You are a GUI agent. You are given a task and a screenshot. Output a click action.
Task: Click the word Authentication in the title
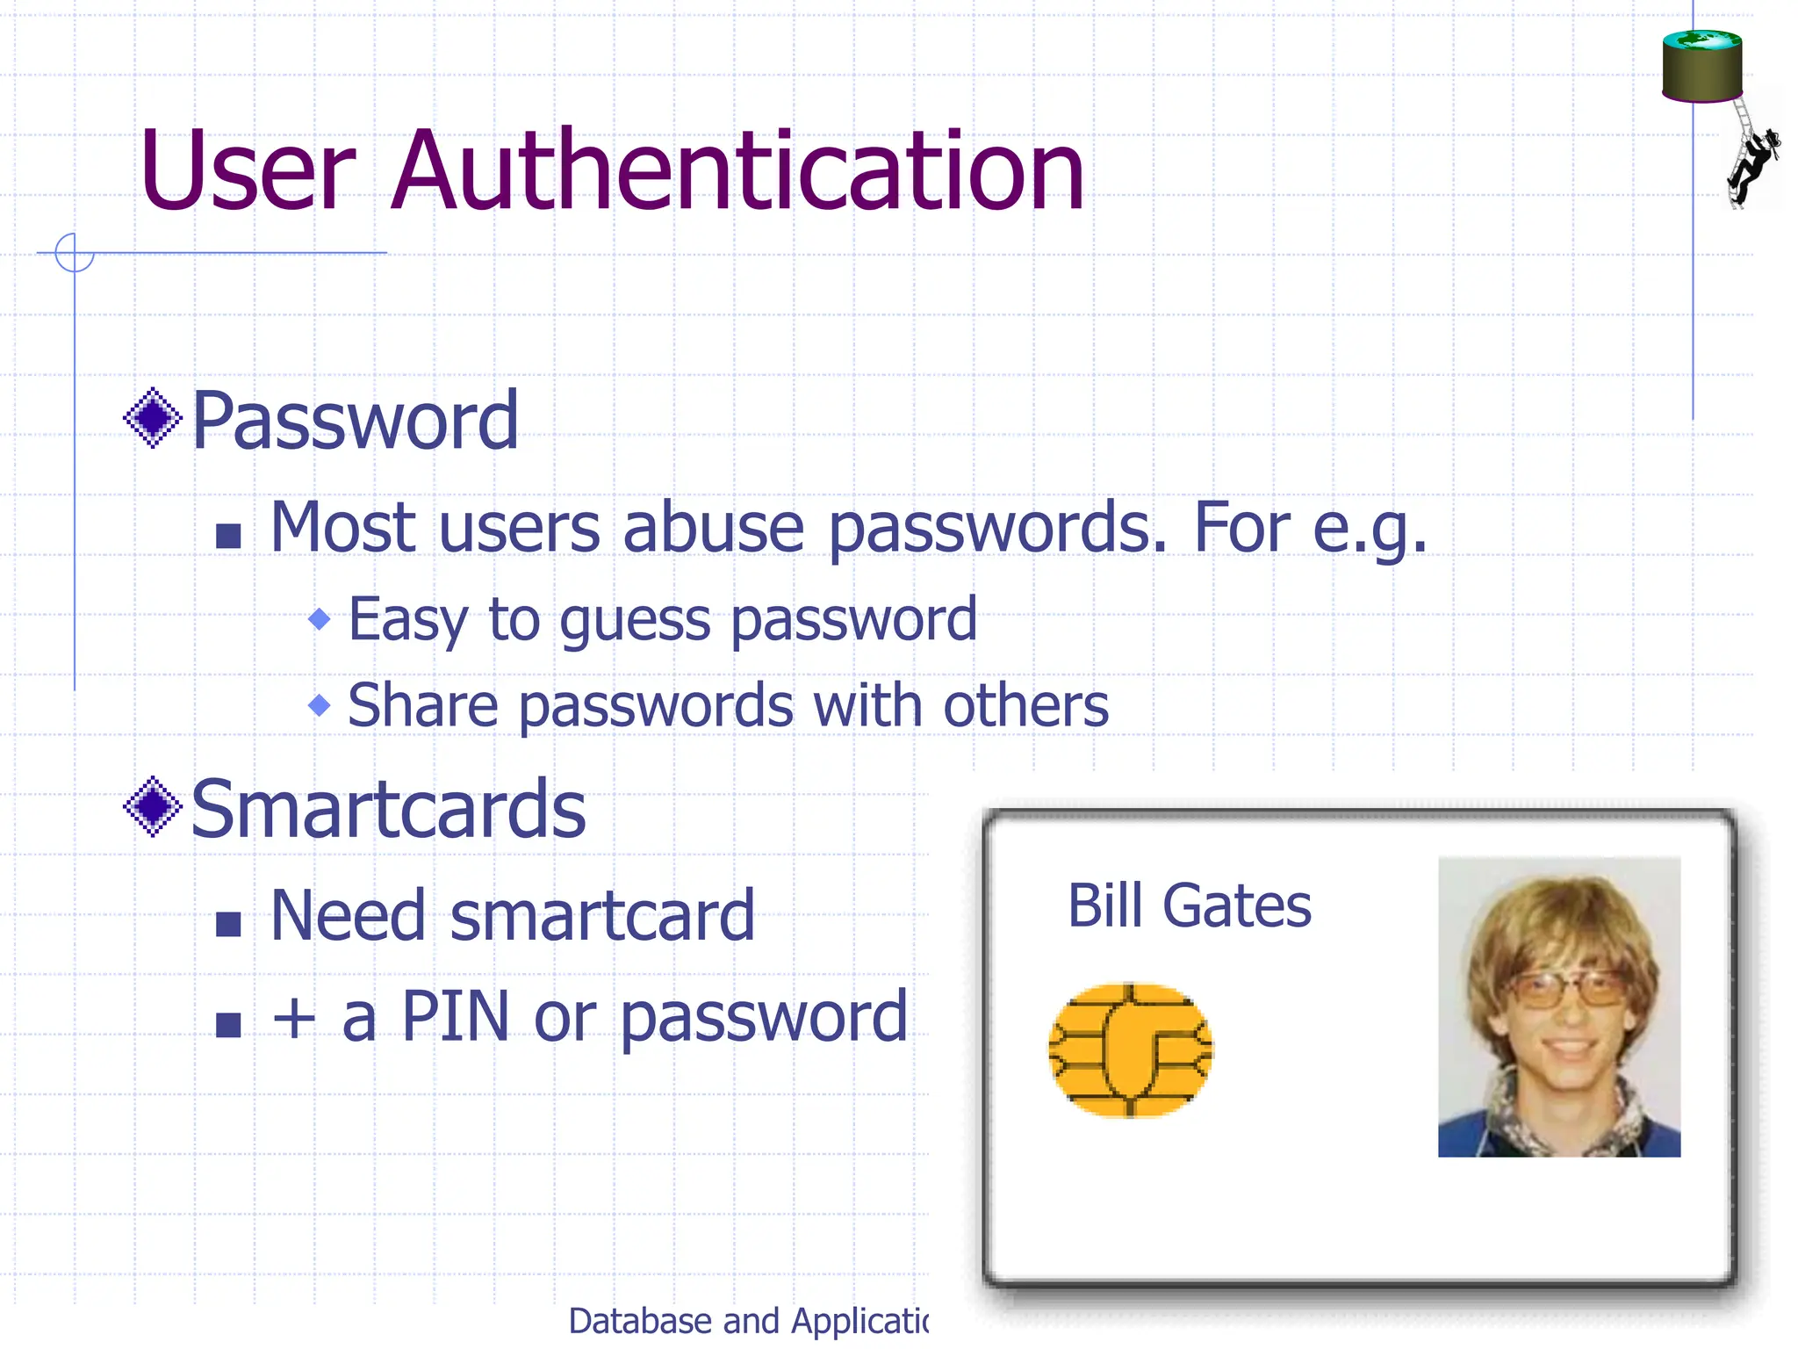737,171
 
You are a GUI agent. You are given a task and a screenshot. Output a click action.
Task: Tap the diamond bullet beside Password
153,418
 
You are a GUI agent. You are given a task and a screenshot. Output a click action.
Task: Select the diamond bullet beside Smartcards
153,806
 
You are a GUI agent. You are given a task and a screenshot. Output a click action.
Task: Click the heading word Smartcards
388,810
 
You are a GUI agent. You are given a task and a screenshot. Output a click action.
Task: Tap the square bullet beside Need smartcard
228,924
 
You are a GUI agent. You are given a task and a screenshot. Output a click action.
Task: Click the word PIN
455,1017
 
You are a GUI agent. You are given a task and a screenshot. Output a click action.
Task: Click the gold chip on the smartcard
1131,1050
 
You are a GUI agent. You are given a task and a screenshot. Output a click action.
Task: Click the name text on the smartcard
1189,905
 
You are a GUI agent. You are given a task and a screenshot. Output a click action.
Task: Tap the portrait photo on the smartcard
1558,1006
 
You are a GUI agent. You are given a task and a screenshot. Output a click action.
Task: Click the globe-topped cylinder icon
1701,66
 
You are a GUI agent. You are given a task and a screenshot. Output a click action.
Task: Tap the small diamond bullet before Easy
320,619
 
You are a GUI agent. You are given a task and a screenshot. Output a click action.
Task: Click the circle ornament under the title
74,253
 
